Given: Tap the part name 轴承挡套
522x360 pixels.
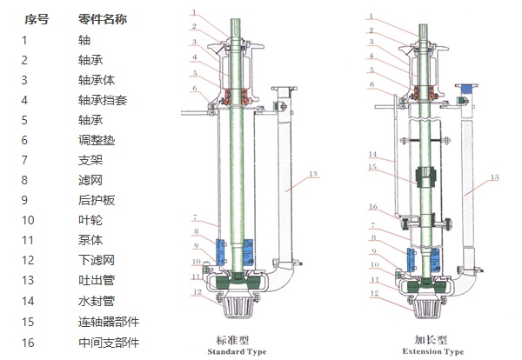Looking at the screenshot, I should coord(102,100).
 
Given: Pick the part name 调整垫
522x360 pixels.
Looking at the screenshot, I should coord(96,140).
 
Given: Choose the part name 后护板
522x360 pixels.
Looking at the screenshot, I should coord(96,200).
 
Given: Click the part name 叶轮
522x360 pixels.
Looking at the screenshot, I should coord(90,220).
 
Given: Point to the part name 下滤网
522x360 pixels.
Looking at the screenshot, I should coord(96,260).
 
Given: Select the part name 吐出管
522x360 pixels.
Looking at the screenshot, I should coord(96,280).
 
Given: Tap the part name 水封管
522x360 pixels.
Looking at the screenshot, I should coord(96,300).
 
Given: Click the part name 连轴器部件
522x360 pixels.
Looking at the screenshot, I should coord(108,322).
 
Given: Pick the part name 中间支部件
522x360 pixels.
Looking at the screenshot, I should coord(108,343).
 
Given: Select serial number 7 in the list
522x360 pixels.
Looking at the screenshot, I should coord(24,160).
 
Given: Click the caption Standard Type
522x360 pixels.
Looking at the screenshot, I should coord(238,351).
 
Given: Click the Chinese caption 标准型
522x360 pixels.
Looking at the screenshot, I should coord(232,339).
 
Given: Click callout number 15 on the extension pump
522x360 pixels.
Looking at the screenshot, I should coord(371,167).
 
